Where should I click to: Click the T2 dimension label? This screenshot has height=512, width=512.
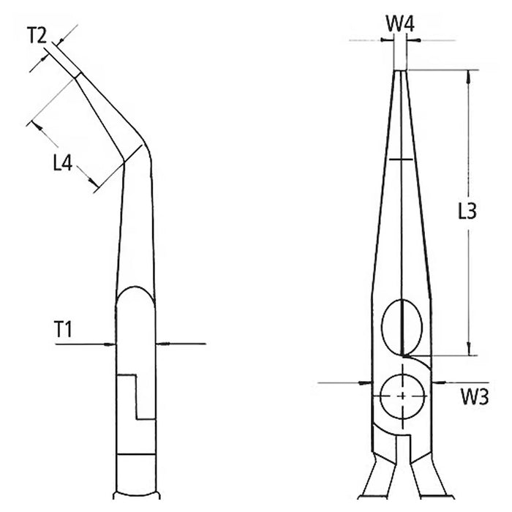pos(37,35)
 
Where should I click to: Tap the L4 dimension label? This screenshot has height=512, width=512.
pos(63,162)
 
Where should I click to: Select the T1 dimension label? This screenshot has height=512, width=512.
pos(64,329)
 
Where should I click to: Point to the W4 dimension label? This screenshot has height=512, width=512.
pos(400,24)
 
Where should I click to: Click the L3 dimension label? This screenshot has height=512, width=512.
pos(467,211)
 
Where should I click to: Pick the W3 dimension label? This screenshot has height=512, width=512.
pos(475,396)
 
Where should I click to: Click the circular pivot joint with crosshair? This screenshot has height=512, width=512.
pos(402,396)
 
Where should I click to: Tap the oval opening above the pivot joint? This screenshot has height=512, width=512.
pos(402,326)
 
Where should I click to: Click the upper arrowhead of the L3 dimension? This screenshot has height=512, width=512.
pos(469,76)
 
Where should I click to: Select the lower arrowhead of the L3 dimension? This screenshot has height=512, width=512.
pos(469,349)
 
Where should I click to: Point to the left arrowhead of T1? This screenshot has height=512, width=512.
pos(110,344)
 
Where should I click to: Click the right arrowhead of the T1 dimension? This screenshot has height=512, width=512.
pos(162,344)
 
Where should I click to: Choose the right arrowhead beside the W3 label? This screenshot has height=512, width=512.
pos(438,382)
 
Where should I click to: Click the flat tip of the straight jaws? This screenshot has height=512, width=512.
pos(400,70)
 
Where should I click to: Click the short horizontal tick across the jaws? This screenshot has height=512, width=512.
pos(402,159)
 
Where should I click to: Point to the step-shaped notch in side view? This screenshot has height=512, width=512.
pos(136,396)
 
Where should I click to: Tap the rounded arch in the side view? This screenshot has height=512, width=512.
pos(135,295)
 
